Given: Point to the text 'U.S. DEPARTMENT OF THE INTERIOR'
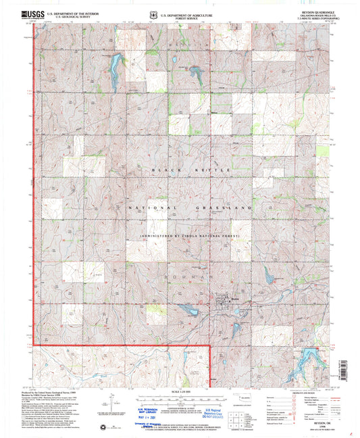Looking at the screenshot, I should (74, 14).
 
